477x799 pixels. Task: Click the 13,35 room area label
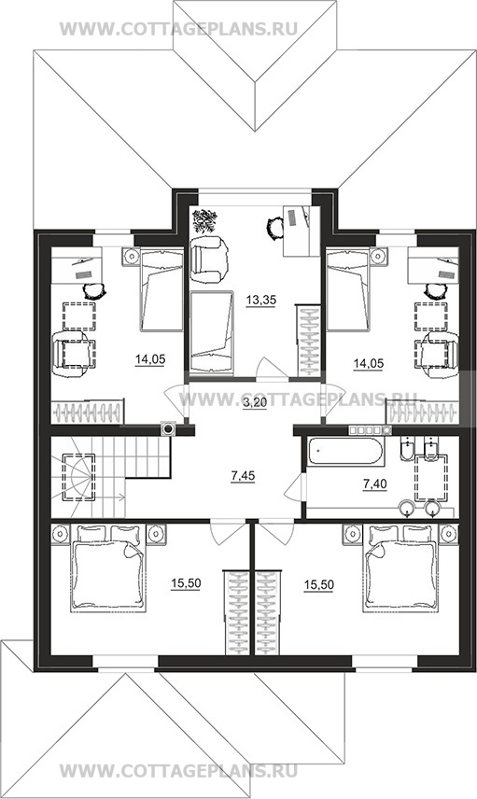tap(261, 301)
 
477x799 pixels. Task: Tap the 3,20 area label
tap(253, 403)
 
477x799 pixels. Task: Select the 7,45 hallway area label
tap(243, 476)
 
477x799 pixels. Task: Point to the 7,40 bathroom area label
tap(374, 484)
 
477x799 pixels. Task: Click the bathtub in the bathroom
tap(344, 451)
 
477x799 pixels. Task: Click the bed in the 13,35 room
tap(211, 333)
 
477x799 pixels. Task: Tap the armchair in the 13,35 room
tap(209, 259)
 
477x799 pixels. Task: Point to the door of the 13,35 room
tap(274, 368)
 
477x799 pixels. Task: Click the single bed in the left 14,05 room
tap(161, 289)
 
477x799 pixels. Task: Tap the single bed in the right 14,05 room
tap(347, 289)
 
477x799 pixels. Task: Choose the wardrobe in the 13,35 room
tap(308, 341)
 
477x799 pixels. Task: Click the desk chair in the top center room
tap(274, 227)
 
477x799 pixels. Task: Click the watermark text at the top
tap(178, 29)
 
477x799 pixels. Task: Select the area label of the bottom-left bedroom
tap(186, 584)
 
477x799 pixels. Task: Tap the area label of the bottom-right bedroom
tap(318, 585)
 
